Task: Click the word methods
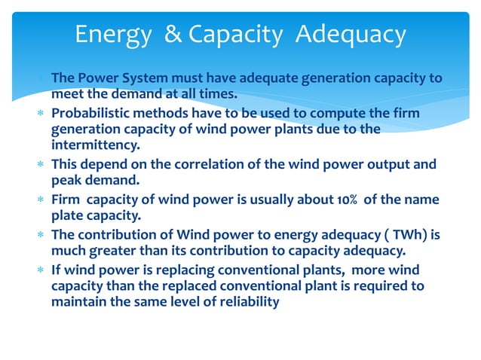(159, 112)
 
